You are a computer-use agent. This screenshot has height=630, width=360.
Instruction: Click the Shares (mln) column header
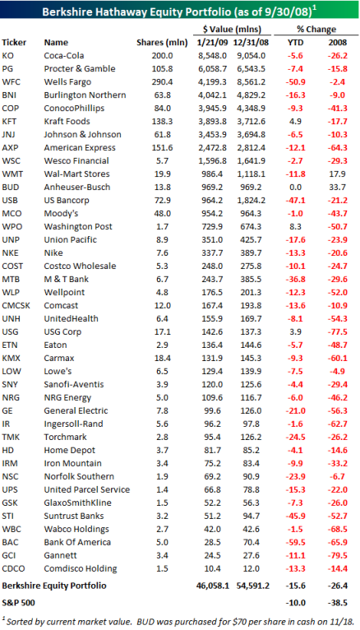pos(162,43)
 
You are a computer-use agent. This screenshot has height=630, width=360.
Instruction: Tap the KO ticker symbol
pos(7,55)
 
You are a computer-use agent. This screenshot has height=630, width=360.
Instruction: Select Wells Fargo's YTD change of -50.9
pos(295,82)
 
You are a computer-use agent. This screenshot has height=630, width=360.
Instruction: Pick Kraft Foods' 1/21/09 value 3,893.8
pos(212,122)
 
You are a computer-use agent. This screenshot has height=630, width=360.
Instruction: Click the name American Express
pos(80,148)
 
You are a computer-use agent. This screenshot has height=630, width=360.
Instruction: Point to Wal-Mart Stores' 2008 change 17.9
pos(338,174)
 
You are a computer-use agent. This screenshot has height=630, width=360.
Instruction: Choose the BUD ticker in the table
pos(11,188)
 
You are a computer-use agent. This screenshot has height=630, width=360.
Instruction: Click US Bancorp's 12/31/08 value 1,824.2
pos(251,201)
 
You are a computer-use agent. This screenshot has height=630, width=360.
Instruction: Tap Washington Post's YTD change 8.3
pos(295,227)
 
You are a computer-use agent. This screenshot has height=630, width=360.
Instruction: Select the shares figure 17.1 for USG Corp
pos(162,332)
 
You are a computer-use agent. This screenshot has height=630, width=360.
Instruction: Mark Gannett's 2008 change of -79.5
pos(338,555)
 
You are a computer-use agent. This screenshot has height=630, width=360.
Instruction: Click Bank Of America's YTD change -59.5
pos(295,542)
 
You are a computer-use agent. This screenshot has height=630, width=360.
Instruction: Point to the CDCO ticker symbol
pos(13,568)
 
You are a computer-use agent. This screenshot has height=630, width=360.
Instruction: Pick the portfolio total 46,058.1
pos(213,586)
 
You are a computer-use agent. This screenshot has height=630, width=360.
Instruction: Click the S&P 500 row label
pos(18,603)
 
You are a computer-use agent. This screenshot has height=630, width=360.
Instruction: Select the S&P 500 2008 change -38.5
pos(338,603)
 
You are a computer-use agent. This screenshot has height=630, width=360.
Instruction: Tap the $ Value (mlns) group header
pos(232,30)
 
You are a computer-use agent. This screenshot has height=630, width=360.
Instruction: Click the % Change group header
pos(316,30)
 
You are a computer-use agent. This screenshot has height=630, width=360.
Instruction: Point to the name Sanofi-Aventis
pos(74,385)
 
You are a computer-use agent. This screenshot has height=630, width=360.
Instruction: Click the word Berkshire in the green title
pos(63,12)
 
